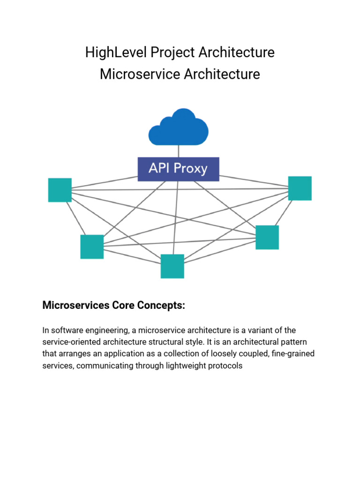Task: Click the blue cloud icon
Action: click(178, 127)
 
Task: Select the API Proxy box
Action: click(178, 169)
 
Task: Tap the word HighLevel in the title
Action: click(115, 52)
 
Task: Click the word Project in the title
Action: click(172, 52)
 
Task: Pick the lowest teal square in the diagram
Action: click(172, 266)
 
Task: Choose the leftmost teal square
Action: click(60, 190)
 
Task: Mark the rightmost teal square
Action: click(300, 188)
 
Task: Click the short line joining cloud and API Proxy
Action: click(178, 151)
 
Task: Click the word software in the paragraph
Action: click(66, 330)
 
